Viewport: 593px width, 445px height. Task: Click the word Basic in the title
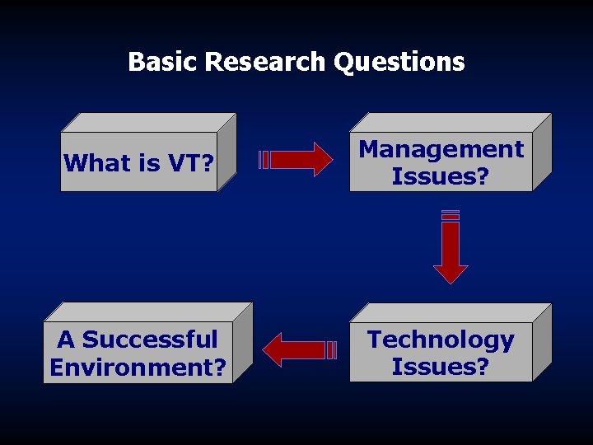(163, 62)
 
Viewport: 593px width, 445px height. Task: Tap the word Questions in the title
(399, 62)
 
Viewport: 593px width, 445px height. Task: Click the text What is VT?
(139, 163)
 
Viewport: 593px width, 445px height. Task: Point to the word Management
(441, 149)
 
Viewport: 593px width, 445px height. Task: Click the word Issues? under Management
(441, 176)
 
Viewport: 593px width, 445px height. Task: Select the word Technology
(441, 340)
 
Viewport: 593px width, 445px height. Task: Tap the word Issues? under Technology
(441, 367)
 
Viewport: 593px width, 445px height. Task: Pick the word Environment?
(138, 367)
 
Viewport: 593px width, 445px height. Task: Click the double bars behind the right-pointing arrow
(264, 159)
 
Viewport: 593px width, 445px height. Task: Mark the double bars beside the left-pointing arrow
(332, 349)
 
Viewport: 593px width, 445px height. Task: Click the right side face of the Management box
(541, 153)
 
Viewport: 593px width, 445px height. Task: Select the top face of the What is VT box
(148, 122)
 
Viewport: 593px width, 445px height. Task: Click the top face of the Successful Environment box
(148, 311)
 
